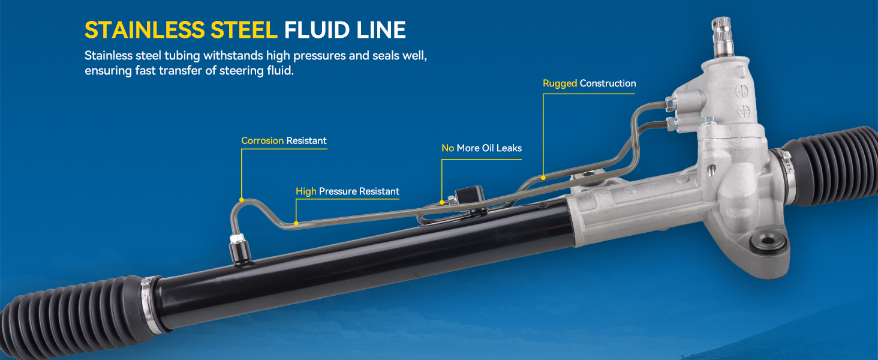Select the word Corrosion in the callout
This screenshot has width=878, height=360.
coord(262,141)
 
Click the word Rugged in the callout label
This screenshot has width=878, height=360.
coord(560,83)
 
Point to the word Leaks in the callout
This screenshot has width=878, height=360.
coord(508,148)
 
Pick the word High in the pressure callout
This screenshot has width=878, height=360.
coord(306,191)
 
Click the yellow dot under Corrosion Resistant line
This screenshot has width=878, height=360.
coord(241,199)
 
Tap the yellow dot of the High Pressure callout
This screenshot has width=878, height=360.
coord(296,223)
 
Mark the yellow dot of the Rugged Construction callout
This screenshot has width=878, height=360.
coord(543,177)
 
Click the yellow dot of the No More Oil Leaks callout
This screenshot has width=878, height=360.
coord(442,202)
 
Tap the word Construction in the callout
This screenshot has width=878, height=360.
coord(608,83)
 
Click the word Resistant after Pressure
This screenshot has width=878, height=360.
coord(379,191)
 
